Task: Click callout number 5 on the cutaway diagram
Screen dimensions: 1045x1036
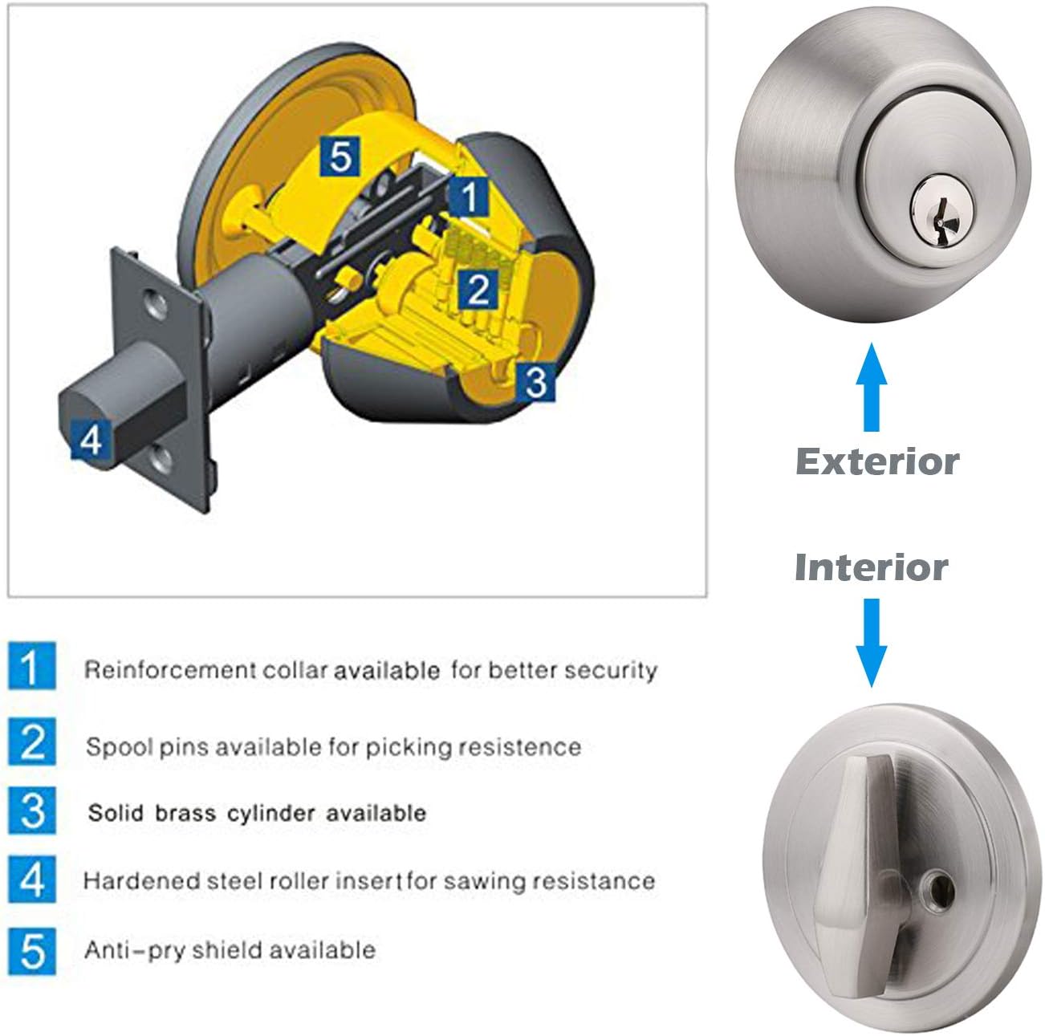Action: coord(340,156)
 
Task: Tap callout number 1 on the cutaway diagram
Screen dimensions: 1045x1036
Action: coord(469,197)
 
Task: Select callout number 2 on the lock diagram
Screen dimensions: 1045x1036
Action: coord(478,290)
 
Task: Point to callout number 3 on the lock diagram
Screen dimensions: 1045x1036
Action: coord(535,382)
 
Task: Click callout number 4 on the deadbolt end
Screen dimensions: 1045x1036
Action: coord(91,439)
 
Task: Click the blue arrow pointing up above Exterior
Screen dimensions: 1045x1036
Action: coord(871,388)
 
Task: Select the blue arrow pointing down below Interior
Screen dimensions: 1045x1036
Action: coord(871,643)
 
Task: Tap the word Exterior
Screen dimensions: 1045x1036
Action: coord(877,462)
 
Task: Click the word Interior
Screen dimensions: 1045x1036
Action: coord(872,567)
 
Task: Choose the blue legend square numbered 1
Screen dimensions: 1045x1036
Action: coord(31,665)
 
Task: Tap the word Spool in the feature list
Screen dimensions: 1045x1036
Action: coord(116,748)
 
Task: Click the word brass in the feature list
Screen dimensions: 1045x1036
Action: coord(185,813)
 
